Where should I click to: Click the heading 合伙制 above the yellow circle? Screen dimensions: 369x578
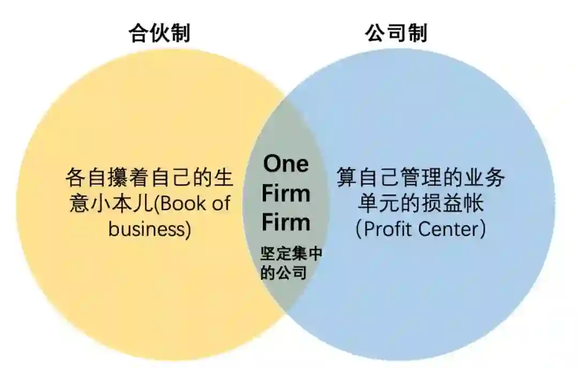coord(159,33)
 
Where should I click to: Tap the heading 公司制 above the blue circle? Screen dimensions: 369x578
coord(397,33)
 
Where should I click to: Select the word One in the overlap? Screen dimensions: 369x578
coord(286,164)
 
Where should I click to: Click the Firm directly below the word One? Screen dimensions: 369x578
coord(286,193)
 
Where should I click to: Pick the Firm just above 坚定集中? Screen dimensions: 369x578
coord(286,222)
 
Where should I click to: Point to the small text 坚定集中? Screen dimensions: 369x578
coord(291,254)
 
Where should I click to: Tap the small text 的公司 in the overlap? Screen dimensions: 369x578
coord(283,273)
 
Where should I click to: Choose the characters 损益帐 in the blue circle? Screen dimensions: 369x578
coord(452,204)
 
